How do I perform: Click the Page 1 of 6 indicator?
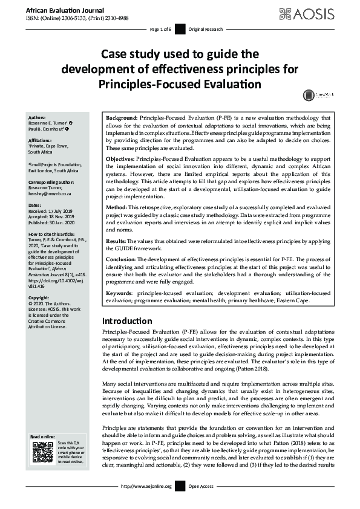(160, 29)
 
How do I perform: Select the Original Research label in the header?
(206, 29)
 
